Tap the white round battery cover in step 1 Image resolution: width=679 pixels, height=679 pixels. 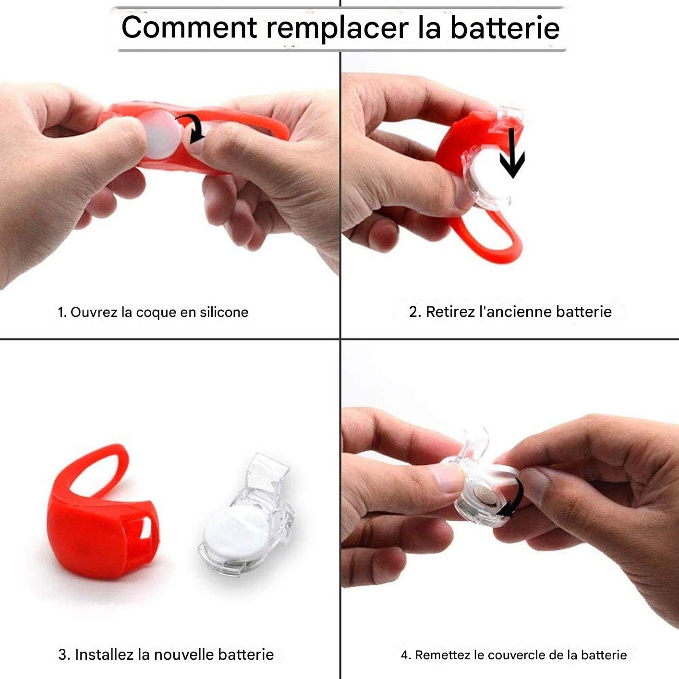(x=162, y=134)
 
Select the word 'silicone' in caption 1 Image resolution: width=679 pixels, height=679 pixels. (x=224, y=312)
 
